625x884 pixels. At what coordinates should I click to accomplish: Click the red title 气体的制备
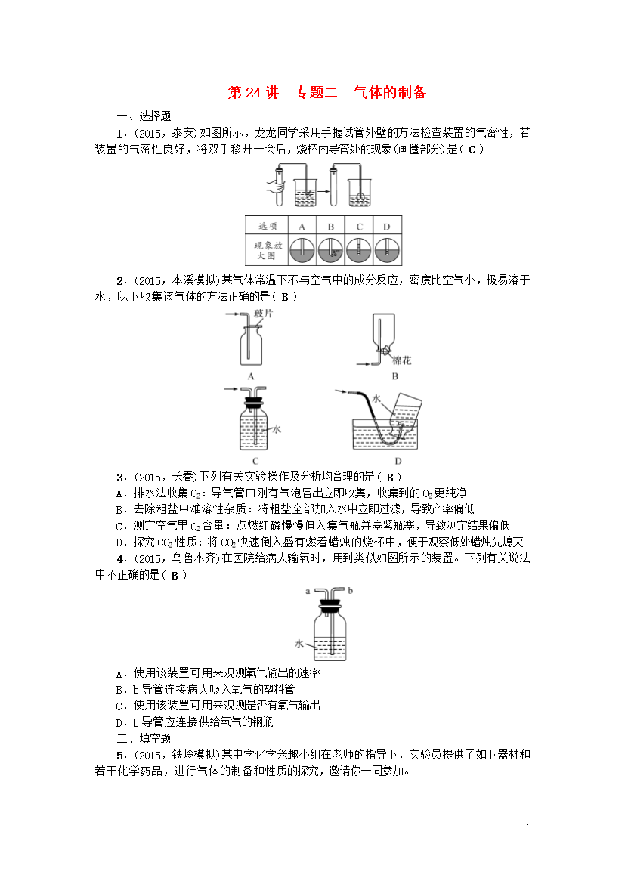pyautogui.click(x=390, y=92)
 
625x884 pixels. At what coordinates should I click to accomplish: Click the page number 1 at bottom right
pyautogui.click(x=528, y=827)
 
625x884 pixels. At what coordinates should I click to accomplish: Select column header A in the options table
pyautogui.click(x=302, y=227)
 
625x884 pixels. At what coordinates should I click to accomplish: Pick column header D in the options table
pyautogui.click(x=386, y=227)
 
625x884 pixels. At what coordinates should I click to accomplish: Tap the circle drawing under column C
pyautogui.click(x=359, y=250)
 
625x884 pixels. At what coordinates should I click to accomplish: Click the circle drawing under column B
pyautogui.click(x=330, y=250)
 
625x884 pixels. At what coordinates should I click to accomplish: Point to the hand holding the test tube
pyautogui.click(x=276, y=186)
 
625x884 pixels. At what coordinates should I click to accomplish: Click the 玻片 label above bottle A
pyautogui.click(x=263, y=314)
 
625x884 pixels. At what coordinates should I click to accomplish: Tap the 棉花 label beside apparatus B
pyautogui.click(x=401, y=360)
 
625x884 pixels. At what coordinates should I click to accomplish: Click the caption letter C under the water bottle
pyautogui.click(x=255, y=461)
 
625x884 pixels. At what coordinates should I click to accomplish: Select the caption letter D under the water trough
pyautogui.click(x=398, y=461)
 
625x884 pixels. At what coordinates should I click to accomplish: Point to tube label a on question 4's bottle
pyautogui.click(x=308, y=591)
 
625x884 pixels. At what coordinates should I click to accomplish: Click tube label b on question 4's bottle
pyautogui.click(x=351, y=590)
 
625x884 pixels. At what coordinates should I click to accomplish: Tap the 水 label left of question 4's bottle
pyautogui.click(x=299, y=643)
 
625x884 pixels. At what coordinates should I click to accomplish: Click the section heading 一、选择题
pyautogui.click(x=144, y=116)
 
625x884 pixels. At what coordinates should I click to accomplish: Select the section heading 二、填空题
pyautogui.click(x=144, y=738)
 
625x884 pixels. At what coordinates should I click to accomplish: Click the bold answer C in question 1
pyautogui.click(x=472, y=150)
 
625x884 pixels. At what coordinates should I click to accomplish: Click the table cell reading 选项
pyautogui.click(x=268, y=226)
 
